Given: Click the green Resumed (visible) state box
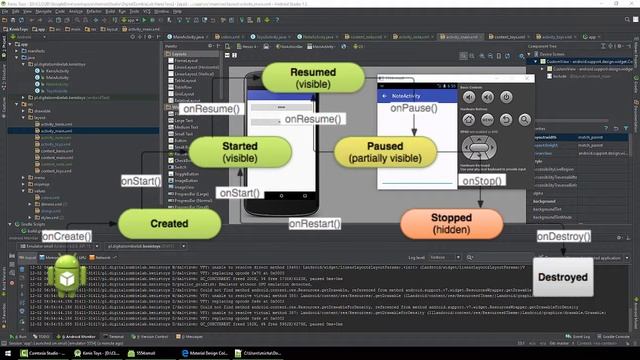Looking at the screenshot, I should [313, 79].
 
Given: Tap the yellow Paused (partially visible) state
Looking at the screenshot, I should [385, 152].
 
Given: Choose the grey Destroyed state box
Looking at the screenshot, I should [561, 277].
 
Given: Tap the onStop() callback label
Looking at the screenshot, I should [484, 181].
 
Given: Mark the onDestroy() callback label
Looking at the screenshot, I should [566, 237].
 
